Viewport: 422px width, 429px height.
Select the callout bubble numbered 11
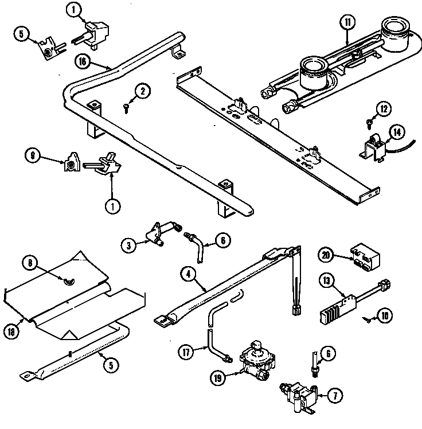(x=347, y=24)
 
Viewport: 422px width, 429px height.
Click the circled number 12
(x=384, y=108)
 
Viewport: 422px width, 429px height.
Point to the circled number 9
(x=33, y=155)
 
